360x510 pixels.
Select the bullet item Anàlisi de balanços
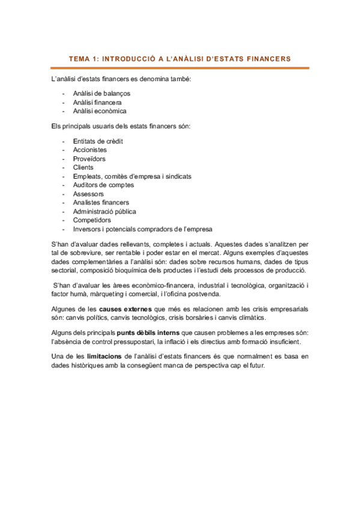102,93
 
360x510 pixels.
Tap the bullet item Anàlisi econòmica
100,111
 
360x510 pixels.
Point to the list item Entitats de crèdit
98,141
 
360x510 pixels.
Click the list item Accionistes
90,150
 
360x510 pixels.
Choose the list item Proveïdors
89,159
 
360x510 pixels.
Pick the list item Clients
83,167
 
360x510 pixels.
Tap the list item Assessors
88,194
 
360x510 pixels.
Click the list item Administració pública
105,212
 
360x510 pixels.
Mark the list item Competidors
92,221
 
